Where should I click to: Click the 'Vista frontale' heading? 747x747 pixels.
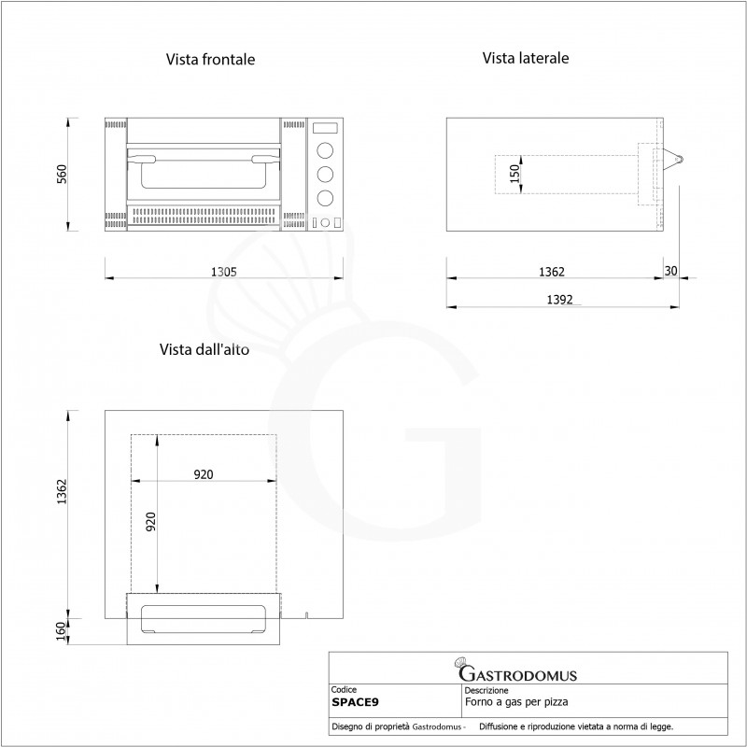pos(210,60)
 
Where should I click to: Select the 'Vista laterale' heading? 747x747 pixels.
pos(526,58)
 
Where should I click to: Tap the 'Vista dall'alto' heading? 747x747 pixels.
pos(204,349)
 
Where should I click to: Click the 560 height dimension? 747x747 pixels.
pos(62,174)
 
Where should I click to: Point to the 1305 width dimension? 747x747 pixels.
pos(224,272)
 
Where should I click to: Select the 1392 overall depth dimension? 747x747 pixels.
pos(559,300)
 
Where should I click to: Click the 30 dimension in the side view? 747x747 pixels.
pos(670,271)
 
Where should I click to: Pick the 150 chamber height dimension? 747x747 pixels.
pos(514,174)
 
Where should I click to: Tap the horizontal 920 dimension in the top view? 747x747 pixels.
pos(204,474)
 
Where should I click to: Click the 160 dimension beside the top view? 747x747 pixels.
pos(61,631)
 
